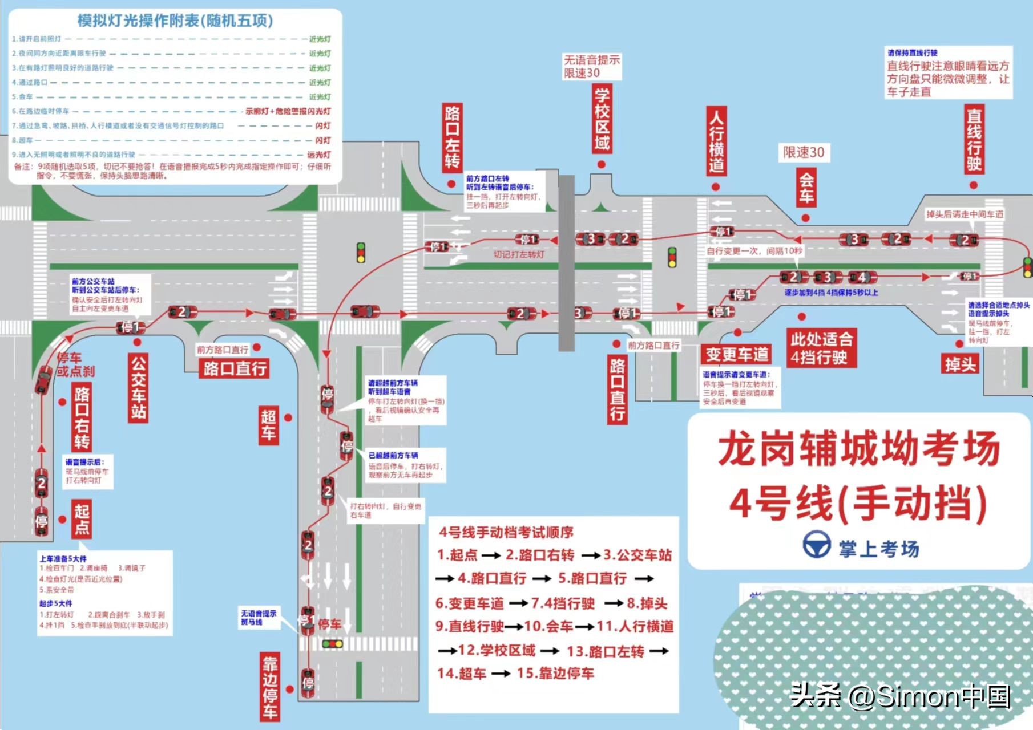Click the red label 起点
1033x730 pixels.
(82, 519)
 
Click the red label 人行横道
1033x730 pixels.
(716, 142)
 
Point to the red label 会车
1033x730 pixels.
(806, 188)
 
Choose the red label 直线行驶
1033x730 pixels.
(974, 140)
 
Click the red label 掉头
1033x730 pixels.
(960, 363)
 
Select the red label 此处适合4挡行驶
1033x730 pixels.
(821, 348)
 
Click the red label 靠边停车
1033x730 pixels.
(270, 687)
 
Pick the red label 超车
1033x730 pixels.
(269, 425)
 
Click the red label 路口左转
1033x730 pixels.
(452, 137)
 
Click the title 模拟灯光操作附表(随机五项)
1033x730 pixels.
(175, 21)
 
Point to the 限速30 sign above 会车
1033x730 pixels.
(804, 152)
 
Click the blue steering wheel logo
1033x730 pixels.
(817, 545)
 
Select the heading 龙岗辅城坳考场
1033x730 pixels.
(859, 449)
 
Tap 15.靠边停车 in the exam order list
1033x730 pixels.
(555, 674)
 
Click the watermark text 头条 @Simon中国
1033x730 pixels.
(901, 696)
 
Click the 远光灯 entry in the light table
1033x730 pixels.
(319, 155)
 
